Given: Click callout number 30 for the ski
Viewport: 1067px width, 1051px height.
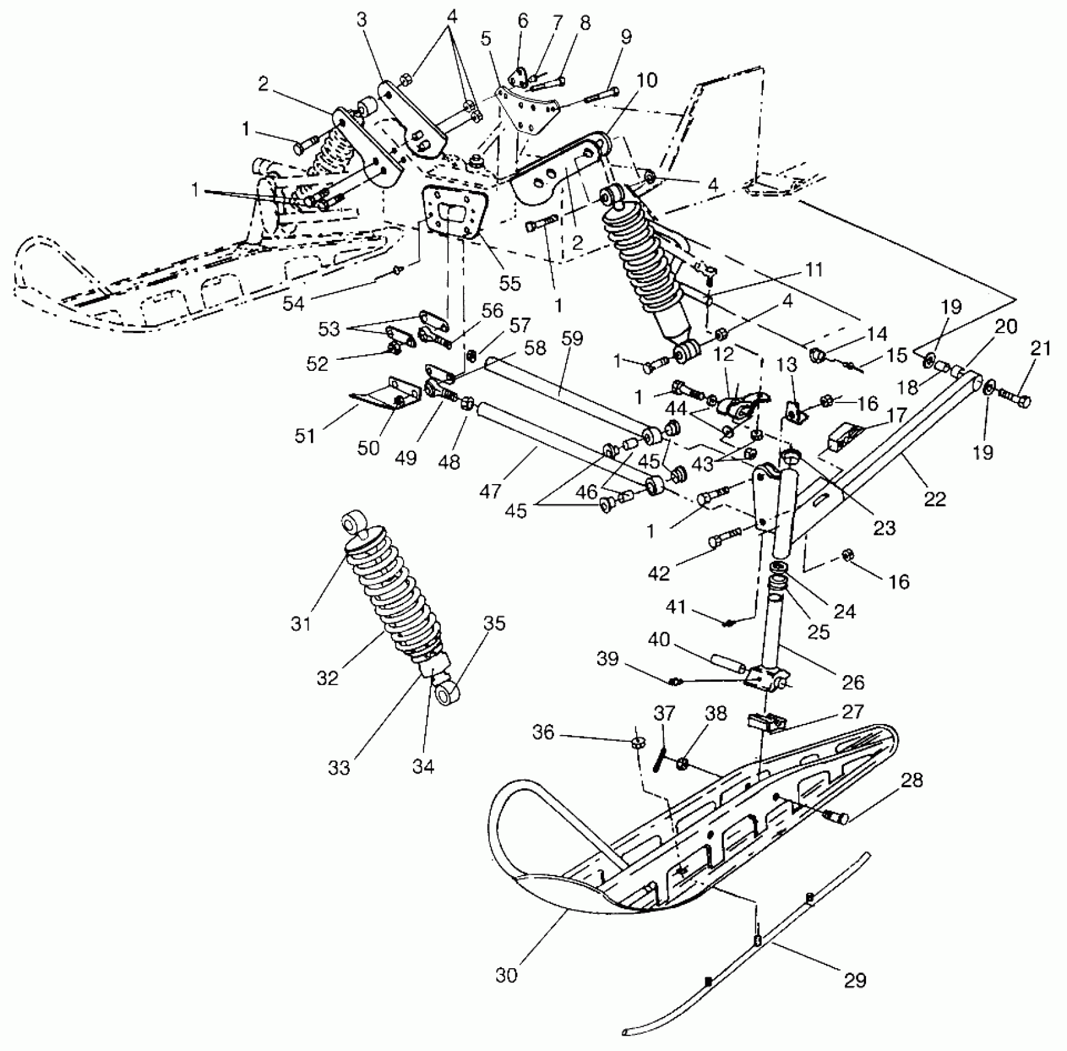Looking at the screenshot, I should (x=506, y=976).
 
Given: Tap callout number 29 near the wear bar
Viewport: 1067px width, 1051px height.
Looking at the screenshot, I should (x=855, y=980).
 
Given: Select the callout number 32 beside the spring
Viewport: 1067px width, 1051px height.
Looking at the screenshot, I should (x=328, y=678).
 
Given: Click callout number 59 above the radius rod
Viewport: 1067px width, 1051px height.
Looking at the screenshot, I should (x=572, y=338).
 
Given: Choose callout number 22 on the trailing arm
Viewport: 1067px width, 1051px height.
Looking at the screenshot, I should (x=935, y=498).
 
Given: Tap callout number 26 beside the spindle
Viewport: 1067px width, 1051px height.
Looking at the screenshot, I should (x=853, y=683).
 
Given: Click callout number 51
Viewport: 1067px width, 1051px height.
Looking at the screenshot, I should (x=305, y=436).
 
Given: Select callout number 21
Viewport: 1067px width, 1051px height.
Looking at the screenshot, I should (x=1041, y=349).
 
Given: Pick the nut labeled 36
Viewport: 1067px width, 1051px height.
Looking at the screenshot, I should (x=637, y=744).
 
